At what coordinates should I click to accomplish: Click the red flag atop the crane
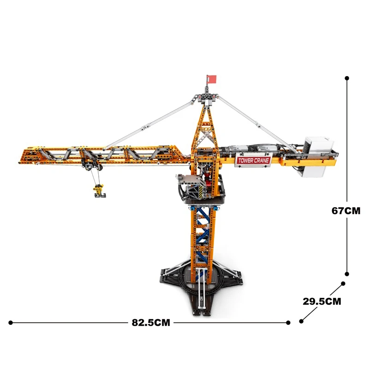coord(211,79)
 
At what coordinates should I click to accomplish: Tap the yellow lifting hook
coord(99,190)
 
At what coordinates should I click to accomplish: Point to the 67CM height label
coord(345,211)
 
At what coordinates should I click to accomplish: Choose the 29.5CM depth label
coord(321,302)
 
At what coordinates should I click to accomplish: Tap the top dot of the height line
coord(347,79)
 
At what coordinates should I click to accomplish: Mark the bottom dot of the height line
coord(347,273)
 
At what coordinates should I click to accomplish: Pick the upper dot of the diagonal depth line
coord(343,284)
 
